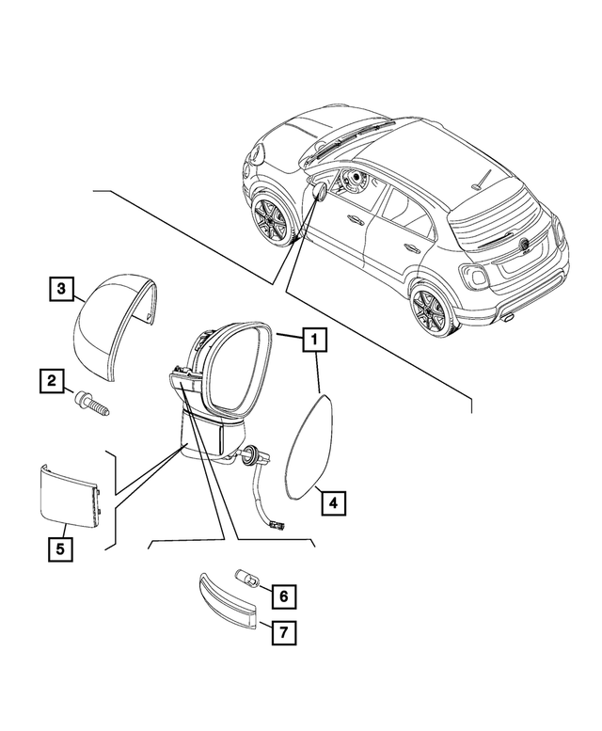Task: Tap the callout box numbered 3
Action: point(59,289)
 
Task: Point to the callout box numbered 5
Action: point(58,548)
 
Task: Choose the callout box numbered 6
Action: point(282,596)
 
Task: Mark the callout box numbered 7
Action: point(282,633)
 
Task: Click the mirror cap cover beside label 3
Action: point(112,321)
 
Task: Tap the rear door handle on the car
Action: point(411,248)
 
